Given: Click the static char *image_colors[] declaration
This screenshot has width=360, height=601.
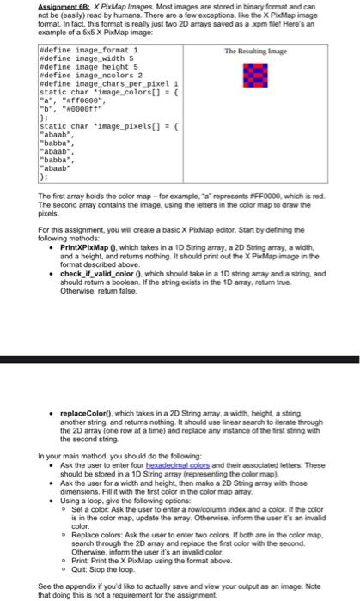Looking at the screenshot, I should pyautogui.click(x=107, y=92).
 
